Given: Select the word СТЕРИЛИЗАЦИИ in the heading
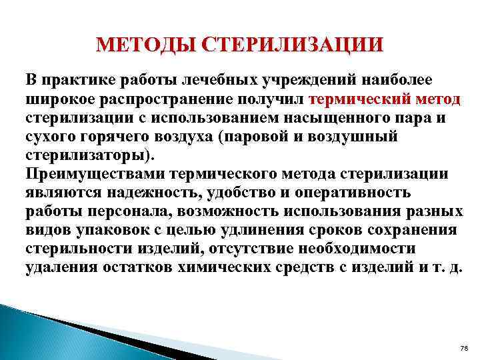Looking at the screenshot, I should point(293,45).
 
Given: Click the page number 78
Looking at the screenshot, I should point(465,349).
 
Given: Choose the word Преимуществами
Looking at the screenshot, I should point(95,174).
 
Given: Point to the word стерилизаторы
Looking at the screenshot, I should point(87,155).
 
